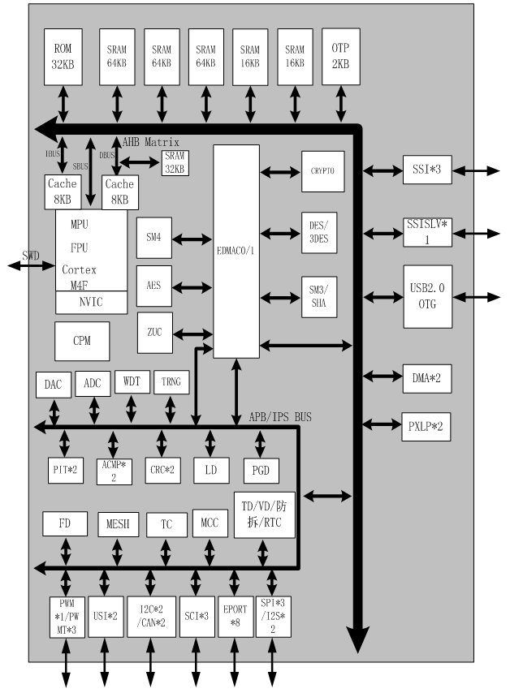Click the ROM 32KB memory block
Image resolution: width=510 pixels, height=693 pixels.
click(63, 56)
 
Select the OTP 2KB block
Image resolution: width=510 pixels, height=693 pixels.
click(340, 56)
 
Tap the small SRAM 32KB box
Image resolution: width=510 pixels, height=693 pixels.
click(174, 163)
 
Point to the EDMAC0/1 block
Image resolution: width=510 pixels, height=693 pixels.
click(236, 252)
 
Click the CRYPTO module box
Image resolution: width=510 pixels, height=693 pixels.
click(322, 171)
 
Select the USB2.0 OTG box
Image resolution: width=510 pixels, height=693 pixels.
click(428, 296)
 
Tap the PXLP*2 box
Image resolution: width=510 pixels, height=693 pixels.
click(427, 425)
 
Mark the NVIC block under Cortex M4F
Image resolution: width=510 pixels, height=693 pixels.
click(91, 303)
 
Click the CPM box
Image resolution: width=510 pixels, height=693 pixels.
click(80, 342)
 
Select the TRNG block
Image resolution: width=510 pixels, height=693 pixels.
click(171, 382)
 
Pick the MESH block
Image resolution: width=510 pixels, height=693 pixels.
click(119, 525)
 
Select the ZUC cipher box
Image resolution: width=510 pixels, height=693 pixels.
click(154, 333)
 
